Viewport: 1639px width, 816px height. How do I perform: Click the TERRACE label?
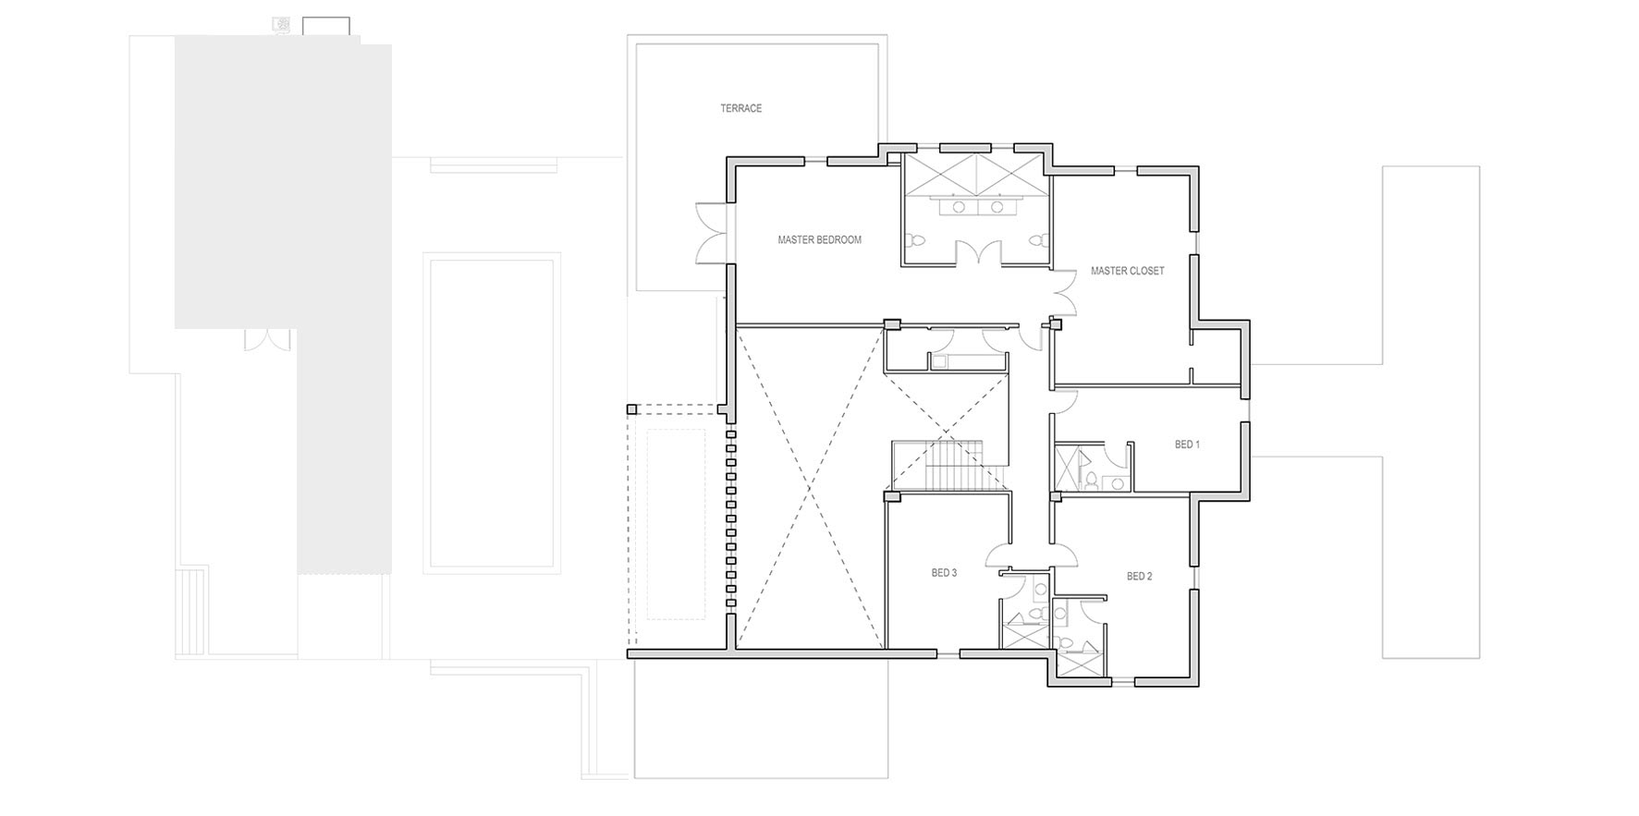(741, 108)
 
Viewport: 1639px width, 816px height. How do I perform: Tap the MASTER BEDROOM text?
(819, 240)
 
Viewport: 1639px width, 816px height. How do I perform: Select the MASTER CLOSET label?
(1127, 272)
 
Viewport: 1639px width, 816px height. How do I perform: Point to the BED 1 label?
(1187, 445)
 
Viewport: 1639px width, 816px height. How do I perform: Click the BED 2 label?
(1139, 577)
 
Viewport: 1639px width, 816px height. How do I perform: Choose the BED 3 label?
(944, 573)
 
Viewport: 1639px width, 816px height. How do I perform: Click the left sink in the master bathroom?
(959, 207)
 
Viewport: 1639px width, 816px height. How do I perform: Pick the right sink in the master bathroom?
(997, 207)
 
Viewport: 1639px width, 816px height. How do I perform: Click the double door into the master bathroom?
(978, 252)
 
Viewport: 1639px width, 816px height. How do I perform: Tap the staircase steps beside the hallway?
(947, 466)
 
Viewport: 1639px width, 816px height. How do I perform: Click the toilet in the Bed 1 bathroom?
(1094, 480)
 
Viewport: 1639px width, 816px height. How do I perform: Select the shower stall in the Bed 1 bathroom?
(1070, 468)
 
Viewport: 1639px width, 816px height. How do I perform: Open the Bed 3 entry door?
(1000, 555)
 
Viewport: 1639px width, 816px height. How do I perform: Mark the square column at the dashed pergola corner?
(631, 409)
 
